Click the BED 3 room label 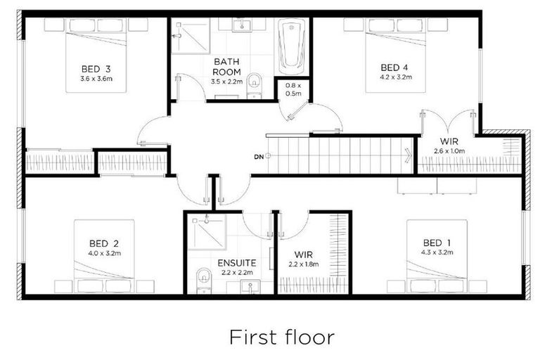(96, 69)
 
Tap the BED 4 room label (394, 67)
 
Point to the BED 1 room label (437, 243)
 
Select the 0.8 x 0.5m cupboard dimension (292, 89)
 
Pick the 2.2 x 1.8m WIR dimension (304, 264)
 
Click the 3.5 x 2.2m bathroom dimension (227, 82)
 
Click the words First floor (281, 337)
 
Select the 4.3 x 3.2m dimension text (437, 252)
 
